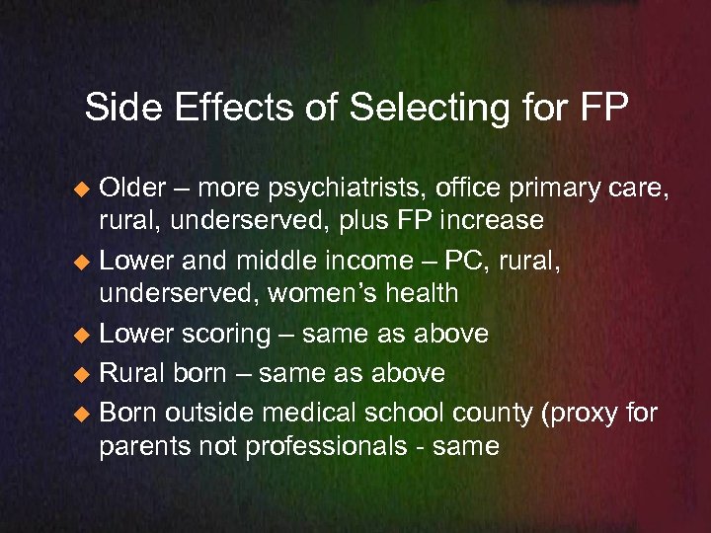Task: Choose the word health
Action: point(424,292)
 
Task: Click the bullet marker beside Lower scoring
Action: point(87,336)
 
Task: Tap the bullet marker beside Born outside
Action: point(87,415)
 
